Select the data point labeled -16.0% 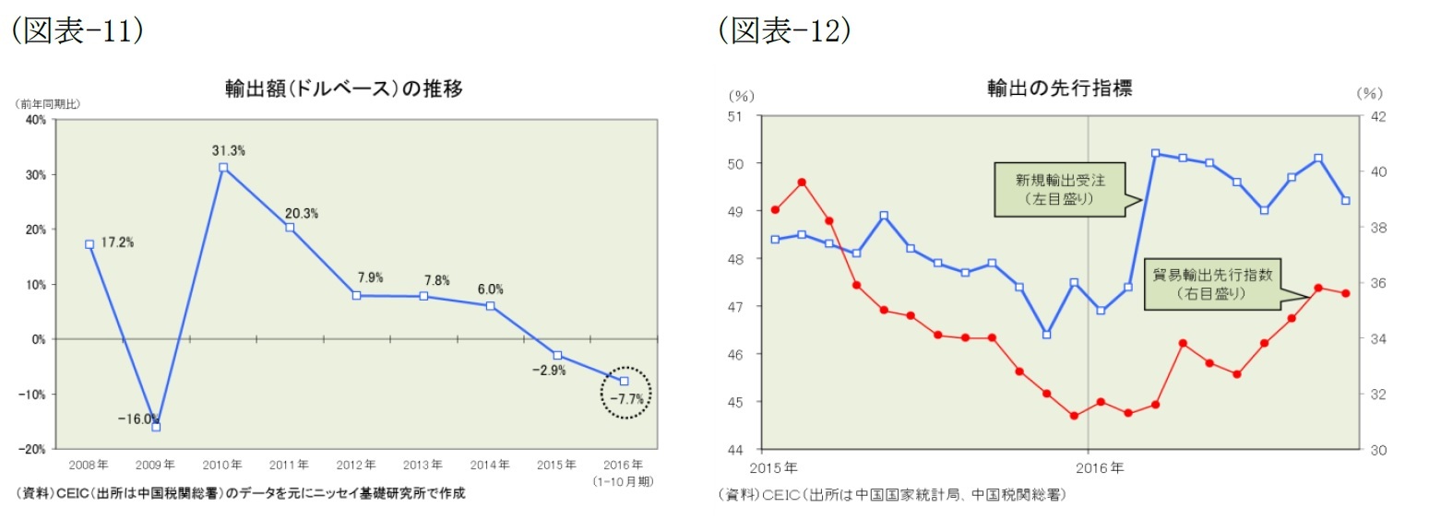pos(156,427)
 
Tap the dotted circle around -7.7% pos(625,394)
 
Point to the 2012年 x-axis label pos(356,464)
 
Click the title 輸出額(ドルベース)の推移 pos(343,89)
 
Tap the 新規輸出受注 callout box pos(1059,190)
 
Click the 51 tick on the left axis pos(735,116)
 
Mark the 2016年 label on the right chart pos(1100,467)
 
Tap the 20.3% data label pos(302,213)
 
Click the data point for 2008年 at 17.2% pos(89,244)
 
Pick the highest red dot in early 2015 pos(802,182)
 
